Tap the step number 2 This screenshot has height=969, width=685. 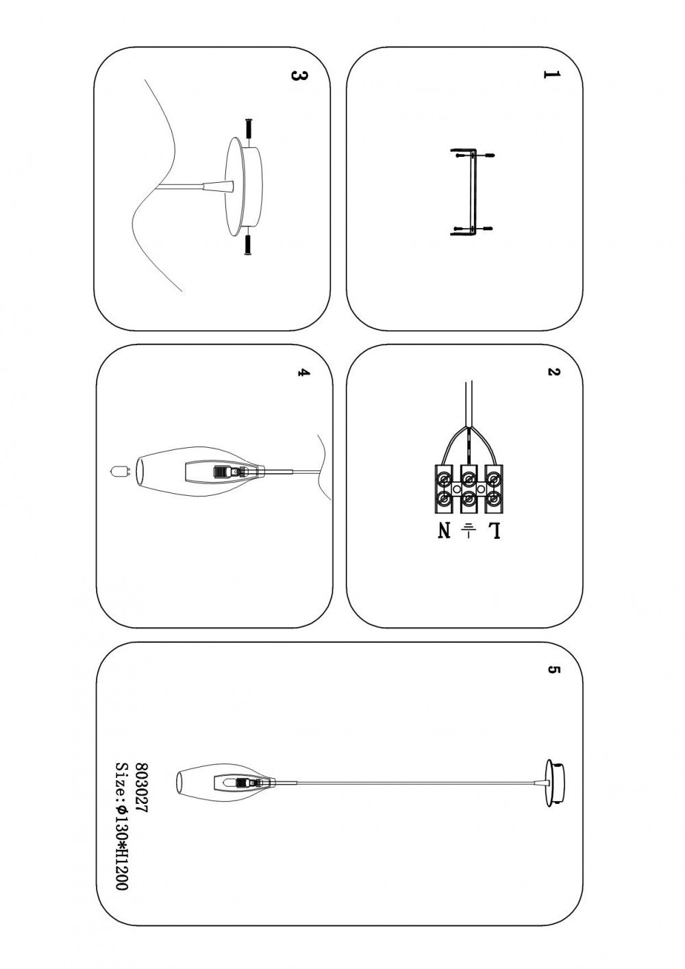click(x=553, y=373)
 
